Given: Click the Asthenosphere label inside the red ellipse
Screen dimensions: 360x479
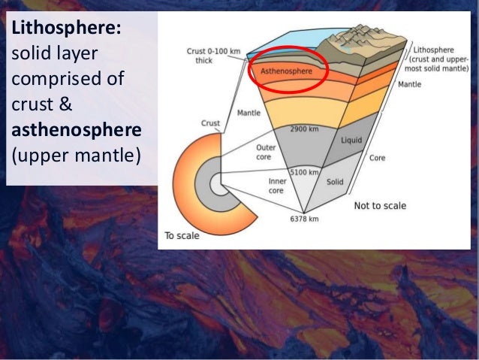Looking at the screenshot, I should (x=285, y=71).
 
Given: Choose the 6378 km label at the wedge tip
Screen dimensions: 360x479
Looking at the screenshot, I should (x=304, y=219).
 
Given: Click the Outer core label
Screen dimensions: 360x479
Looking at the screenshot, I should (x=266, y=153).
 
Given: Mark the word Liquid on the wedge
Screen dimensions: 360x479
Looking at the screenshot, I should (x=351, y=141).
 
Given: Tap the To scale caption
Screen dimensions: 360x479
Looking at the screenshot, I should (x=182, y=235).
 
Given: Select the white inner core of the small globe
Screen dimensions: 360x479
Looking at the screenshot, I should (x=216, y=183).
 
